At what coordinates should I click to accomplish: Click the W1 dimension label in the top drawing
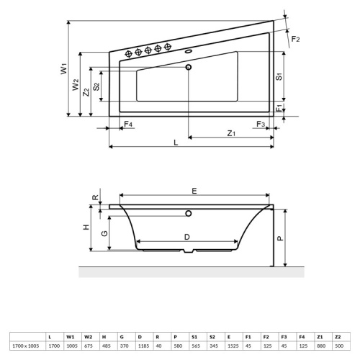click(x=63, y=70)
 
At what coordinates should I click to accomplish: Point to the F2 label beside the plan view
click(x=296, y=39)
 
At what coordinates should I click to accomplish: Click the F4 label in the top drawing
click(x=127, y=125)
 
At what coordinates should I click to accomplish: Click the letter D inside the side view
click(x=186, y=236)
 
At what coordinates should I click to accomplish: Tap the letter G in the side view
click(x=104, y=234)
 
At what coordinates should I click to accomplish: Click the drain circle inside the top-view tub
click(x=189, y=68)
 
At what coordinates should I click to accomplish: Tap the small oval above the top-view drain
click(x=189, y=51)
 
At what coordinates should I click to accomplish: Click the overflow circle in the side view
click(x=189, y=213)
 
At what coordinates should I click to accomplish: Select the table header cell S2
click(x=213, y=336)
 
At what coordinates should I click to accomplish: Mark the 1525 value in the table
click(x=230, y=345)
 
